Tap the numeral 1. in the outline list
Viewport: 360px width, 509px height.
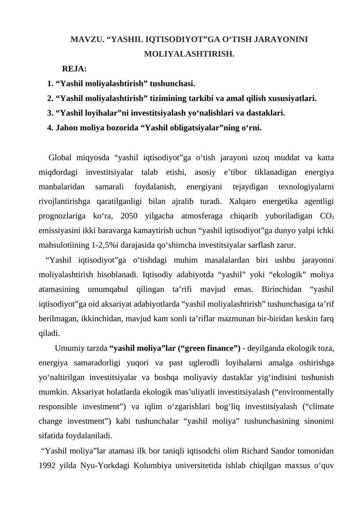50,84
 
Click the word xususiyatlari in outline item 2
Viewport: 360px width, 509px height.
294,98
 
